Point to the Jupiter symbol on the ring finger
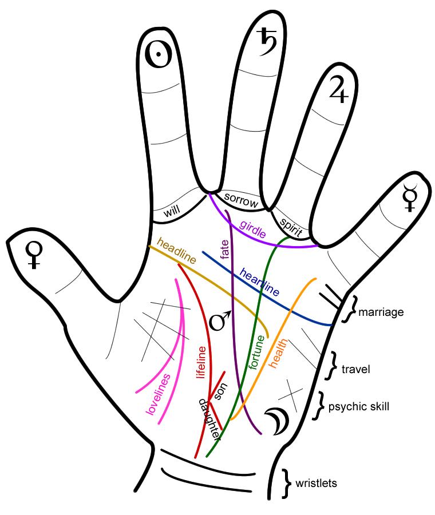click(337, 90)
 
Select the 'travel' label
click(355, 369)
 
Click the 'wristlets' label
click(316, 483)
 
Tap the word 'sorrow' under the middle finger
click(241, 199)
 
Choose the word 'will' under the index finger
click(172, 212)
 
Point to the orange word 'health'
click(281, 351)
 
